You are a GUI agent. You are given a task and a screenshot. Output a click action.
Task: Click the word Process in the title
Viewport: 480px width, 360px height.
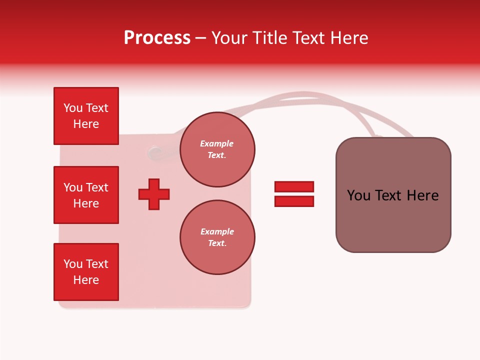click(x=157, y=38)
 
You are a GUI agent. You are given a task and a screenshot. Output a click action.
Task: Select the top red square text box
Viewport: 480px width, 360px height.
click(x=86, y=116)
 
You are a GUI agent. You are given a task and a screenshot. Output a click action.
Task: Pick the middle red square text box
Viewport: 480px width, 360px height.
click(x=86, y=195)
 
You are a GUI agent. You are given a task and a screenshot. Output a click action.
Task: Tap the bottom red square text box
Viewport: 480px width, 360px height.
click(x=86, y=272)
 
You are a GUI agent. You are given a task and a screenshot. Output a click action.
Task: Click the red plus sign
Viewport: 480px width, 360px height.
click(x=154, y=194)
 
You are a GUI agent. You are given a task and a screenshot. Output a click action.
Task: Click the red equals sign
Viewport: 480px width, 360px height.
click(x=294, y=194)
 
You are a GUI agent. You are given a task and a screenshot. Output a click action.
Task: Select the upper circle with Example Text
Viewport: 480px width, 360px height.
click(x=217, y=149)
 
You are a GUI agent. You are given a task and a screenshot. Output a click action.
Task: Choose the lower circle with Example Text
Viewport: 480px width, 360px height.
click(x=217, y=237)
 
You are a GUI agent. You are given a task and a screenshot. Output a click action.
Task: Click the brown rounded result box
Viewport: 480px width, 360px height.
click(x=393, y=195)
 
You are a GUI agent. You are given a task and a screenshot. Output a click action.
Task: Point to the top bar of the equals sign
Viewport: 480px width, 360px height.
click(x=294, y=186)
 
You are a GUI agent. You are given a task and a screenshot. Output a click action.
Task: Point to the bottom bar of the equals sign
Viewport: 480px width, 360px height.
click(x=294, y=201)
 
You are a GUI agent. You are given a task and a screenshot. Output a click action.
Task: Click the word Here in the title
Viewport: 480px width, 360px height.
click(x=350, y=38)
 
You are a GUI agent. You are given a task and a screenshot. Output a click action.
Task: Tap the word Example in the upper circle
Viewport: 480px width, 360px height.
click(x=217, y=144)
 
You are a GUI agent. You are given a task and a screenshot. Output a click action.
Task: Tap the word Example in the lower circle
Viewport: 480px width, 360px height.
click(x=217, y=231)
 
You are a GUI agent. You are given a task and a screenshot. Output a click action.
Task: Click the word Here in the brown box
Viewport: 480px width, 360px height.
click(x=422, y=195)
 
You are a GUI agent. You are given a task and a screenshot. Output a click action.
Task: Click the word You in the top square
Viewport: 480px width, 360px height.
click(x=72, y=108)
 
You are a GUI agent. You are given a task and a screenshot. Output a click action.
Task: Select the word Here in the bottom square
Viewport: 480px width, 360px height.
click(x=86, y=280)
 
